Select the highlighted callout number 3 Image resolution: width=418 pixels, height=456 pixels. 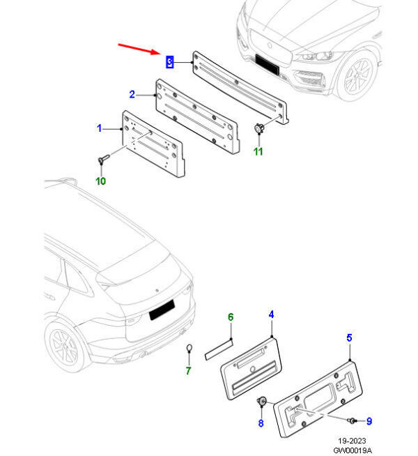169,62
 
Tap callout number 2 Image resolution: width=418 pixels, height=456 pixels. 132,94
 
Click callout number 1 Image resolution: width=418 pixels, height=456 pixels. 99,128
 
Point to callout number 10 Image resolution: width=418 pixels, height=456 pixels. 100,181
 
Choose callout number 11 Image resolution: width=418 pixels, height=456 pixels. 258,151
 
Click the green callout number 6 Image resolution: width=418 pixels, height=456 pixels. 231,318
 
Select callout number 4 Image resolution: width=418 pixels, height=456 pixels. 271,314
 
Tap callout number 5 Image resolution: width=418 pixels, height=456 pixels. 349,338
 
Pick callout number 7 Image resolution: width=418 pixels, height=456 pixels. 188,370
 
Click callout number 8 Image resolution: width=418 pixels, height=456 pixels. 261,423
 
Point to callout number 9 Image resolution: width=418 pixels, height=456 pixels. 369,421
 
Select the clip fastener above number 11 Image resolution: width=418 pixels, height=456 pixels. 259,129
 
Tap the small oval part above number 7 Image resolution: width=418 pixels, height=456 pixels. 189,349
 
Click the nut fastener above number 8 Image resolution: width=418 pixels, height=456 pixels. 263,402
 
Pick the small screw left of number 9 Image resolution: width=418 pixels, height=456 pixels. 353,420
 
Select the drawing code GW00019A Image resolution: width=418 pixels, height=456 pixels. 352,450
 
